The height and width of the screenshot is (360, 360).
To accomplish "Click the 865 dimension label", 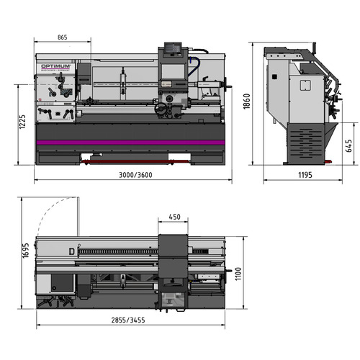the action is (x=63, y=37).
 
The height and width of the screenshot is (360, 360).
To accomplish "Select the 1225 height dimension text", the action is (x=22, y=122).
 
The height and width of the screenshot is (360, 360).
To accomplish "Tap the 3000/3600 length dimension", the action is (x=135, y=175).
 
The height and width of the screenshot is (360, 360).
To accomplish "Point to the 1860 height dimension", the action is (x=247, y=102).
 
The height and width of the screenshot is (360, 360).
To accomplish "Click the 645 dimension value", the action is (x=348, y=145).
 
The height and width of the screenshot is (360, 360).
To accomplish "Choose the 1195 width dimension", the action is (x=305, y=175).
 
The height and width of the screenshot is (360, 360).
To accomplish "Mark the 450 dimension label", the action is (x=174, y=217).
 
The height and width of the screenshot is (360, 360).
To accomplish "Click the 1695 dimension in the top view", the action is (x=25, y=251).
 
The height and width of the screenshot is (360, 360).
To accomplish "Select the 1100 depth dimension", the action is (x=238, y=274).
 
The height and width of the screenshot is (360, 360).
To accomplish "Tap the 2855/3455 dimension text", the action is (x=128, y=320).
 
